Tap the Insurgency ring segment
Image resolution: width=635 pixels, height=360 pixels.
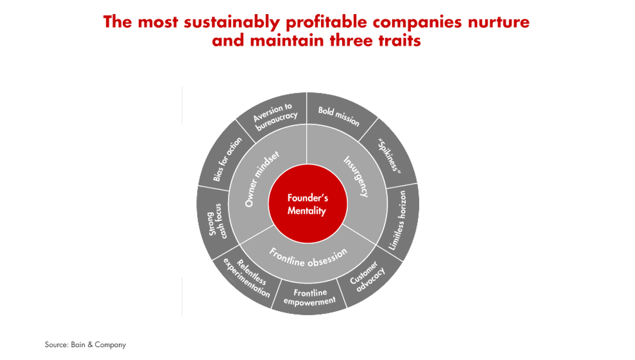pyautogui.click(x=355, y=176)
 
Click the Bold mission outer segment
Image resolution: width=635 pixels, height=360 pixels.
pyautogui.click(x=338, y=116)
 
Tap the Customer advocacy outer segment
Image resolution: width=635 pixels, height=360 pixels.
pyautogui.click(x=367, y=276)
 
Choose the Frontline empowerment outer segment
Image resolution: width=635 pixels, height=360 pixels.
pyautogui.click(x=309, y=296)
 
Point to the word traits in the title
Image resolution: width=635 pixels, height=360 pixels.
pyautogui.click(x=400, y=42)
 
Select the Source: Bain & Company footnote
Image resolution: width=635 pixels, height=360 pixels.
pyautogui.click(x=85, y=345)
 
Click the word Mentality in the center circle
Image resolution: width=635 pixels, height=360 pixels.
pyautogui.click(x=306, y=211)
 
